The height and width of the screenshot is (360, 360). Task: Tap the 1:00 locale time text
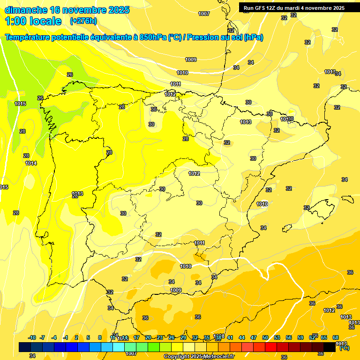33,21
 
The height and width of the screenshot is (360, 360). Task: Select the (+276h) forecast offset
83,21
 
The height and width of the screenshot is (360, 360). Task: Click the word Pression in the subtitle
202,37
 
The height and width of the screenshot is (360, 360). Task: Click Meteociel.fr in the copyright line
218,356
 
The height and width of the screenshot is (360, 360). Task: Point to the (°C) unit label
344,348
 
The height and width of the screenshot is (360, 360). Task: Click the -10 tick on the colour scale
32,337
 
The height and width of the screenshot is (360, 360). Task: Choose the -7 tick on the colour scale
43,337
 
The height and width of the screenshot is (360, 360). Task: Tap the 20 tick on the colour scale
148,337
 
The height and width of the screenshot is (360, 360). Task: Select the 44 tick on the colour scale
242,337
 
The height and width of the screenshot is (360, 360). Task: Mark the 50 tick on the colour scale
265,337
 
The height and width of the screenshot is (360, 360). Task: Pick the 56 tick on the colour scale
289,337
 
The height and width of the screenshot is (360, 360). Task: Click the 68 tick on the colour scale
336,337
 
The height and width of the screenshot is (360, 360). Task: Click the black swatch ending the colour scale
330,347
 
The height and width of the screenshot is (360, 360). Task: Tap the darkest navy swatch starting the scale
25,347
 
